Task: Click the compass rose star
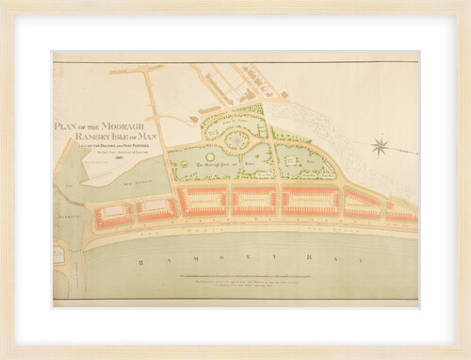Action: (381, 145)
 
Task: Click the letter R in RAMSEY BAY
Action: (137, 255)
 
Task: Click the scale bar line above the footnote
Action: (273, 274)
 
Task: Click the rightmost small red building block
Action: (402, 215)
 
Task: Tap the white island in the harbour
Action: (111, 169)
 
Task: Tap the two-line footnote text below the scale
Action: (273, 285)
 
